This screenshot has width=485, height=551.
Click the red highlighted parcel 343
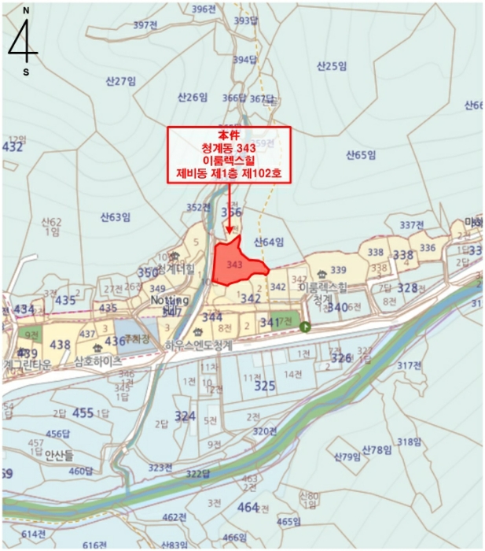237,266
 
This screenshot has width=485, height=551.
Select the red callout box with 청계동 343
228,155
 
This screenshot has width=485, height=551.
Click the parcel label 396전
204,9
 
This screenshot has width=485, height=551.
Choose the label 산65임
362,156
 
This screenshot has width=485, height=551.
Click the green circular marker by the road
304,327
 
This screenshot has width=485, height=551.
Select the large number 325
265,386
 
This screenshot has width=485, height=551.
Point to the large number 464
248,507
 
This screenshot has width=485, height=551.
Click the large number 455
83,413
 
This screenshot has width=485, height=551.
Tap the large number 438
60,345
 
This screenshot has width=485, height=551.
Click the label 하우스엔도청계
200,345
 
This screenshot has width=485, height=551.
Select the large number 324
185,416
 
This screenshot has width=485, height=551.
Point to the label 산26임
193,97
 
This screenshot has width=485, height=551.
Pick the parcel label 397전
146,25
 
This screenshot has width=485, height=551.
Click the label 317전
410,365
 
